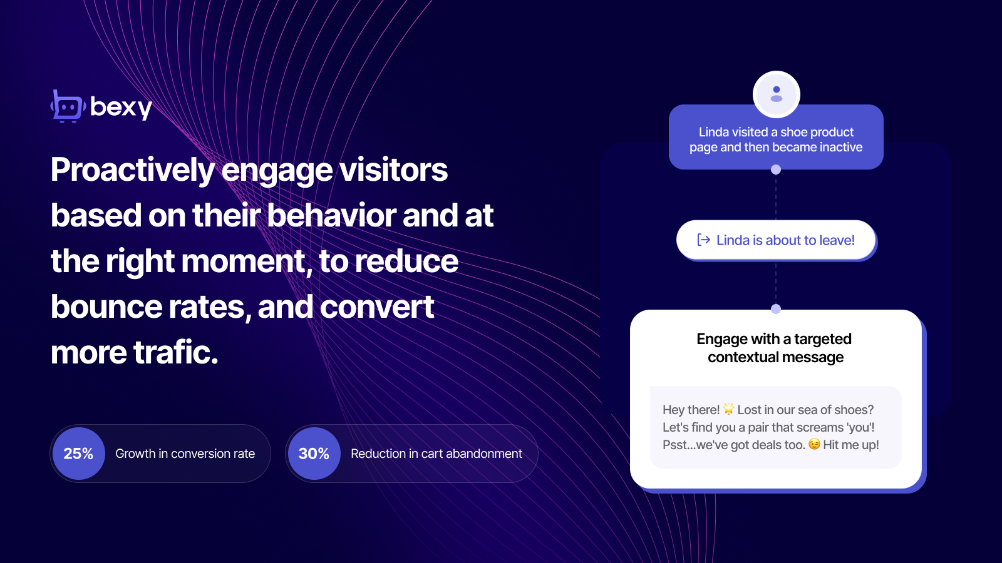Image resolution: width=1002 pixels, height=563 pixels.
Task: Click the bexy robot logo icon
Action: [68, 106]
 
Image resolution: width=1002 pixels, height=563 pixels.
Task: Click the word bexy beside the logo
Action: [121, 107]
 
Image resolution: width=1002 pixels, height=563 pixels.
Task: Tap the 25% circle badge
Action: [79, 454]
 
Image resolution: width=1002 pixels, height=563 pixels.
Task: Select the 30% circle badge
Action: [314, 454]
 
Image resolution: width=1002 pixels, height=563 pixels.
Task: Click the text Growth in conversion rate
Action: [185, 454]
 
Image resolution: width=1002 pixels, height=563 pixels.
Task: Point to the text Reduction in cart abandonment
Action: [436, 454]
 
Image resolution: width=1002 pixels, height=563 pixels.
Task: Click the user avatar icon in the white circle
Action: [777, 94]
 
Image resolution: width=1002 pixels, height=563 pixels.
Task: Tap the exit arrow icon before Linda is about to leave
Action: [704, 240]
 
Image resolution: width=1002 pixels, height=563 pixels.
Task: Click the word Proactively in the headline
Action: [133, 170]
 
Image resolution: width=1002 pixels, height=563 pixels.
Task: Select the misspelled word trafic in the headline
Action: [175, 352]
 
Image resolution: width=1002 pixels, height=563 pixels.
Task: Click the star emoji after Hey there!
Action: [729, 408]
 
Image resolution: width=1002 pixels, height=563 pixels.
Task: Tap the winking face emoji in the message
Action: [814, 444]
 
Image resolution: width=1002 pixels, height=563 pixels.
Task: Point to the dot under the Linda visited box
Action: [776, 170]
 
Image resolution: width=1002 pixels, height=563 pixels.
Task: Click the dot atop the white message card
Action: [776, 309]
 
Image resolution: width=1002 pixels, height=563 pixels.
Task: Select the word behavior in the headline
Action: [331, 215]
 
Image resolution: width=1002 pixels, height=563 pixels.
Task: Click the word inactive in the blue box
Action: [840, 147]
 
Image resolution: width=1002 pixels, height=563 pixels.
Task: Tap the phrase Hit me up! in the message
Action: [851, 445]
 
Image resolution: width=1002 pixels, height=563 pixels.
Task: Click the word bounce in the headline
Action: [106, 307]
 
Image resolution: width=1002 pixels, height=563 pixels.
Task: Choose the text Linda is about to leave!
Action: [785, 240]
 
